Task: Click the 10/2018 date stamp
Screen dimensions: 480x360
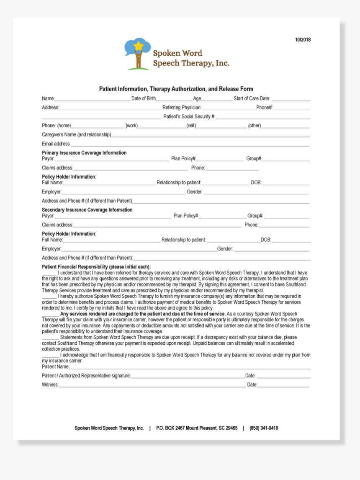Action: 303,40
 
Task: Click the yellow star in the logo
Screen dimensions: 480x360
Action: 139,45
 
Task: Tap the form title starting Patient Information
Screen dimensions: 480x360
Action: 176,89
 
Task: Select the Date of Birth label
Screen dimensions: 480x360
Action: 144,99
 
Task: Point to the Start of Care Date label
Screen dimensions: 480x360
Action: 252,99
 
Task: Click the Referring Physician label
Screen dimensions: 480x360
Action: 182,108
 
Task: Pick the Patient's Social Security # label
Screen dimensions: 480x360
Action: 189,116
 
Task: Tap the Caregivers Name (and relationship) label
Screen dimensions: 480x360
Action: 76,135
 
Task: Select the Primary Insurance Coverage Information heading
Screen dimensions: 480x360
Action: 84,153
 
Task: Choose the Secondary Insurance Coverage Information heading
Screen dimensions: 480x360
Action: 87,210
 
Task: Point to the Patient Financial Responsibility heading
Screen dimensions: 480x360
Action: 96,267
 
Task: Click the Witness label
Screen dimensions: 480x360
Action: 50,385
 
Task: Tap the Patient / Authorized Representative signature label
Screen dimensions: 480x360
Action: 86,376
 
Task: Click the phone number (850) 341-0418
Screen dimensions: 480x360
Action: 264,428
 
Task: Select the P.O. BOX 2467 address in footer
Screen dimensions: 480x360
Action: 197,428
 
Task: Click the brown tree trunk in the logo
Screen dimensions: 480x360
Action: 139,61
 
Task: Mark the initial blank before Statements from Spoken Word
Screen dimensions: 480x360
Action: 50,338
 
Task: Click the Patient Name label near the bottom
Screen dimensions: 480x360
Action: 56,366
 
